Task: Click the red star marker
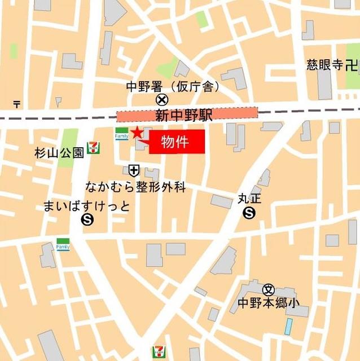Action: (x=137, y=133)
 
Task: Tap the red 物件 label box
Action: (x=177, y=141)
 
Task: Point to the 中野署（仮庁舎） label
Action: (x=173, y=87)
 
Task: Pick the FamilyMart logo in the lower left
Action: (x=63, y=244)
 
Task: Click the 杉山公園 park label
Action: (x=59, y=152)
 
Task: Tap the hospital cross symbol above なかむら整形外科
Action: (x=134, y=169)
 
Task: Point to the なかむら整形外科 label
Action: (x=135, y=187)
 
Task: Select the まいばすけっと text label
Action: (x=86, y=206)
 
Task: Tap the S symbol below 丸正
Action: (x=249, y=213)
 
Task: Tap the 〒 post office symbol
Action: (x=17, y=104)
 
